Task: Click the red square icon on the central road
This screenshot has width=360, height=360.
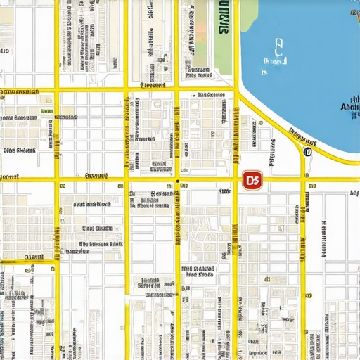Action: [252, 181]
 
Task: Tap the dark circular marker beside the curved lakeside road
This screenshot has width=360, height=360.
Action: [307, 151]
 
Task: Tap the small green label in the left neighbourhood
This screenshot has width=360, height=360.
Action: [46, 111]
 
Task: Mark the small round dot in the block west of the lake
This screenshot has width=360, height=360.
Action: [260, 123]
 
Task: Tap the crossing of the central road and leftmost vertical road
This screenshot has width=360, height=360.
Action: [57, 181]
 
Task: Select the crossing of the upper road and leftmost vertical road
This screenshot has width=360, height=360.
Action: [57, 90]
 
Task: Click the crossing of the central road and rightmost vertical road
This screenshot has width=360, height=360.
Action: [304, 181]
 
